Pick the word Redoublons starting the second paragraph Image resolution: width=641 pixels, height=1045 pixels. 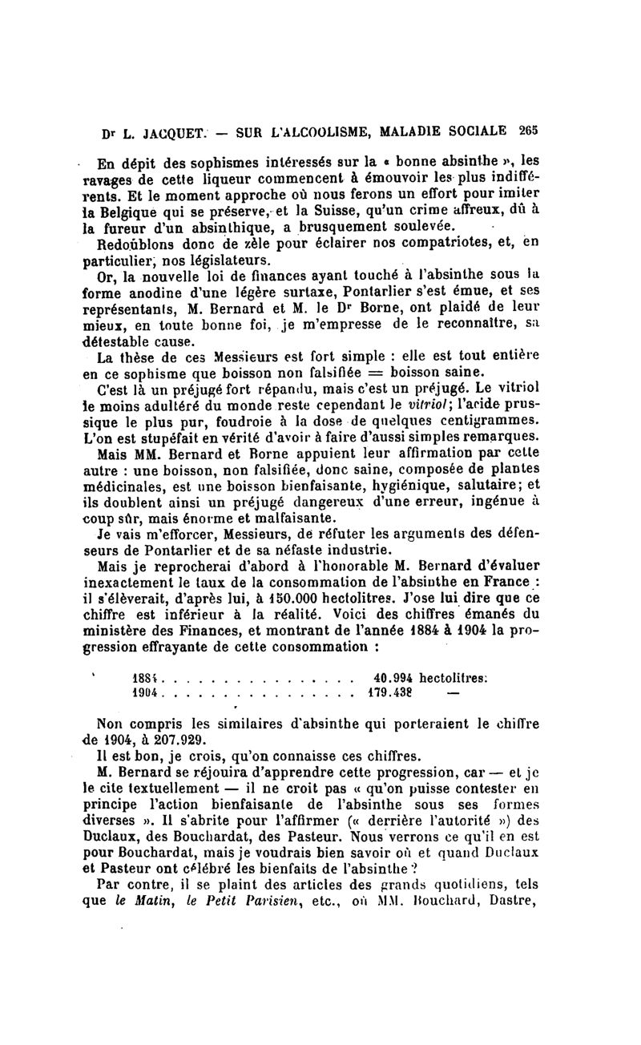tap(132, 245)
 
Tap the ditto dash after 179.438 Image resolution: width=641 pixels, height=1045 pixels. tap(452, 692)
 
